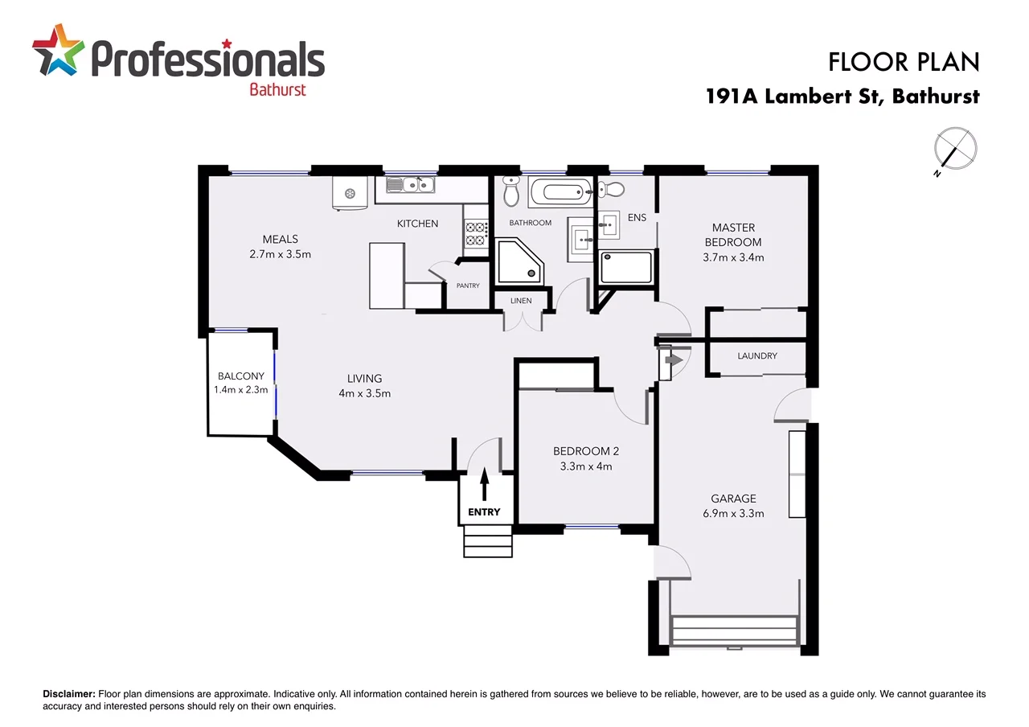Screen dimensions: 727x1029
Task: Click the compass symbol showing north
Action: point(955,150)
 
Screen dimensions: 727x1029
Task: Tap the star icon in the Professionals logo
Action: point(58,50)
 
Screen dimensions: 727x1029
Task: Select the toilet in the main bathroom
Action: point(511,191)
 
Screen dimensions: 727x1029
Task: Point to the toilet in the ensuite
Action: point(613,189)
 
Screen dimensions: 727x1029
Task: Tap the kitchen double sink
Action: point(410,185)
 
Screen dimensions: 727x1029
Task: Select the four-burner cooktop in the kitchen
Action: point(475,234)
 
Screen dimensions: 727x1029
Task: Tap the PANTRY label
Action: point(468,285)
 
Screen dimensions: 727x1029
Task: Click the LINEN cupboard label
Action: point(521,301)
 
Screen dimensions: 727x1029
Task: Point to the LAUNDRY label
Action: point(757,355)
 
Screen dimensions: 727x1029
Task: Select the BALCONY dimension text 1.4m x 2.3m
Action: point(240,390)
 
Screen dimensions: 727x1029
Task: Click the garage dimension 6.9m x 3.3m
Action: point(732,513)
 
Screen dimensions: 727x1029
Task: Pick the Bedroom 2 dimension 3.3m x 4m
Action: point(585,466)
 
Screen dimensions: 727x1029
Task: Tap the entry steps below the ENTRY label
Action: point(487,540)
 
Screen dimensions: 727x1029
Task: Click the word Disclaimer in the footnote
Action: point(68,694)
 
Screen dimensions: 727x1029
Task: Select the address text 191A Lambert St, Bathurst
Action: point(842,97)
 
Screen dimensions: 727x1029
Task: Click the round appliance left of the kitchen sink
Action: point(350,193)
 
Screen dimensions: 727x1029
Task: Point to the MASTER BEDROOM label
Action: point(732,235)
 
